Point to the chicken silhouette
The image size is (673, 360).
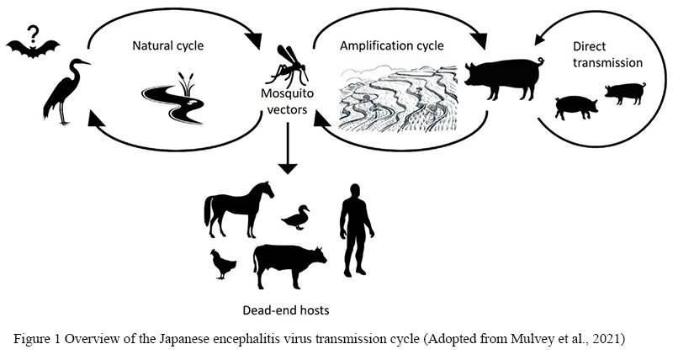(x=224, y=264)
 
